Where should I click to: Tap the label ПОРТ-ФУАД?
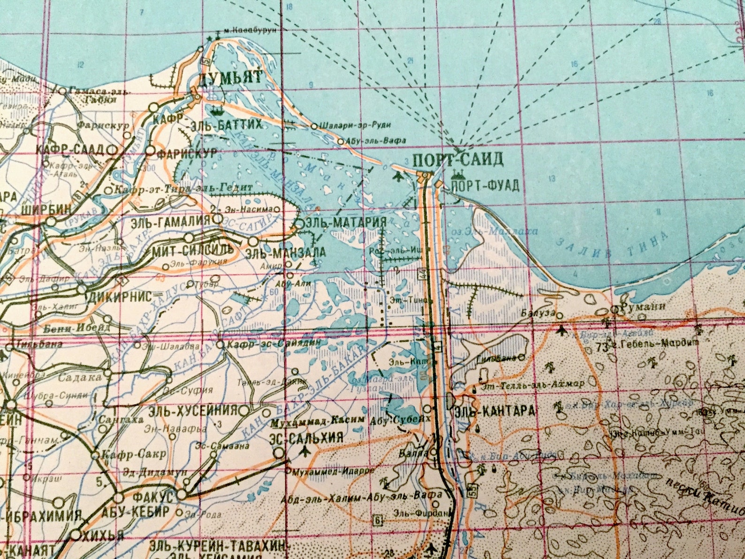coord(485,186)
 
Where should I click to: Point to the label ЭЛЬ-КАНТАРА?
coord(494,411)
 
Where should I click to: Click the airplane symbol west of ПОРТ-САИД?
coord(398,176)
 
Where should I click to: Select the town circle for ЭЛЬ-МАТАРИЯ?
coord(299,224)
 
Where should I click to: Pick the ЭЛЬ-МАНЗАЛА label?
coord(285,253)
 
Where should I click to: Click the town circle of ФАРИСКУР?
coord(150,151)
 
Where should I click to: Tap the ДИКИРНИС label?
coord(121,296)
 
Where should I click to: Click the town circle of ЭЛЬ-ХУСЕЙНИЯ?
coord(244,411)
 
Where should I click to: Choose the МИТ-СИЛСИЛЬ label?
coord(192,249)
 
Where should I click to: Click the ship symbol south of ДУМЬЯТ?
coord(217,111)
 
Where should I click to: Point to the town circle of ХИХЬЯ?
coord(76,535)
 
